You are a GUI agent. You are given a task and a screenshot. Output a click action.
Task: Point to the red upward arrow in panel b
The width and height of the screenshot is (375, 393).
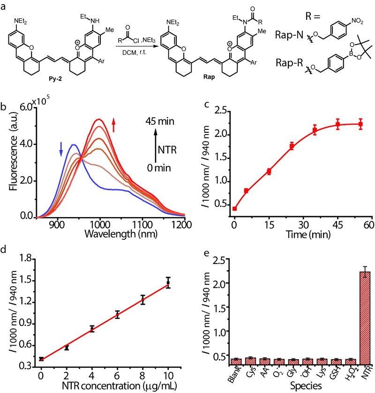(113, 124)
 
